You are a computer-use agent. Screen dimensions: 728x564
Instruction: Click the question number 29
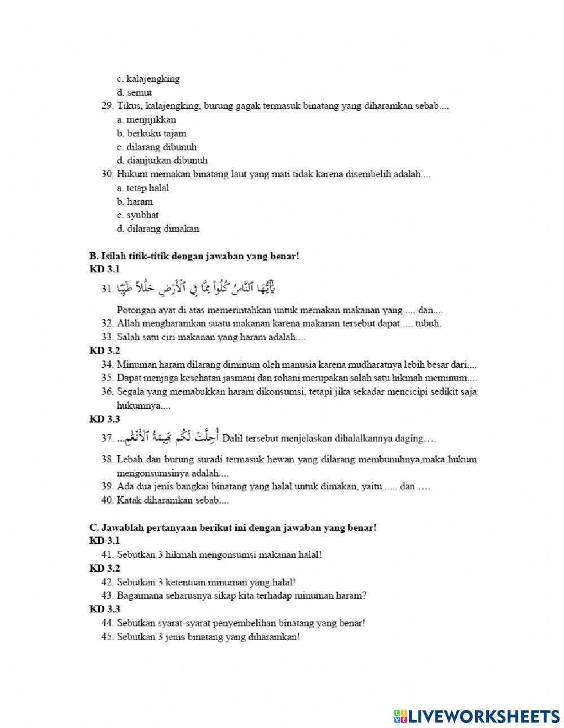pos(107,106)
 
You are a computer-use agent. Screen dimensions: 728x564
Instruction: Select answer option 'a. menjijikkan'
pos(147,120)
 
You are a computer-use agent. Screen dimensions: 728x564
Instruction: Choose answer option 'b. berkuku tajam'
pos(152,134)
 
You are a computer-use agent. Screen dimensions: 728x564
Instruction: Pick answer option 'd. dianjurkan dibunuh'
pos(162,161)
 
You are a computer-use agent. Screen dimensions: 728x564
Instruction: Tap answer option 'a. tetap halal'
pos(143,188)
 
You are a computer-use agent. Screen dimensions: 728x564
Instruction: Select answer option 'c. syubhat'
pos(138,215)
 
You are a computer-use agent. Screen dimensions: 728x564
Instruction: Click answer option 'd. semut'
pos(134,92)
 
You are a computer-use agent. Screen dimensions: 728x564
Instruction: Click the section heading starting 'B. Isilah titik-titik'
pos(194,256)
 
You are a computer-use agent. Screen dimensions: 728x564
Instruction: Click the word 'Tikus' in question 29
pos(127,106)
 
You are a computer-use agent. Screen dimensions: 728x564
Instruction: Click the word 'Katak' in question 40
pos(128,500)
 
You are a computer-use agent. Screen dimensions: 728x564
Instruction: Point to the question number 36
pos(107,391)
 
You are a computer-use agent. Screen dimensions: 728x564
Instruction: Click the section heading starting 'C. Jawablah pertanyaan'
pos(233,528)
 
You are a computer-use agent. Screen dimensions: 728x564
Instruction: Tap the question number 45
pos(107,637)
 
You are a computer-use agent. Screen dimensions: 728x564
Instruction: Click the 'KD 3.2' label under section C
pos(104,568)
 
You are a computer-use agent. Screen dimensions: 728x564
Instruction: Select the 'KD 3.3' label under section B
pos(104,419)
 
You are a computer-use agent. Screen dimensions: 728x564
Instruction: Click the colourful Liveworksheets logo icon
pos(400,716)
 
